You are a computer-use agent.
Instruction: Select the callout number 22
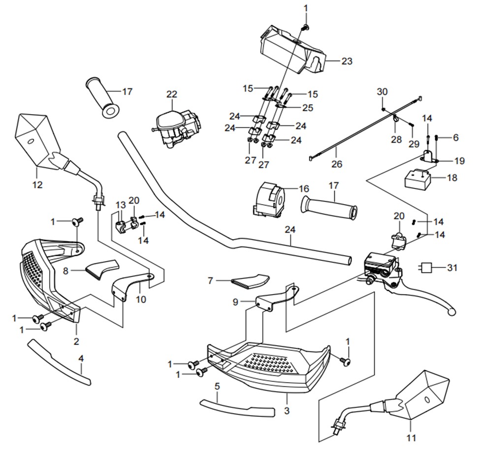pyautogui.click(x=171, y=93)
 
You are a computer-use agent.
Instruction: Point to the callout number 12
pyautogui.click(x=37, y=185)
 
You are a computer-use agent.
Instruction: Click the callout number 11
pyautogui.click(x=412, y=437)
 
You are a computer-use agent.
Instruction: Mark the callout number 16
pyautogui.click(x=304, y=188)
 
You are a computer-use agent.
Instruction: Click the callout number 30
pyautogui.click(x=383, y=91)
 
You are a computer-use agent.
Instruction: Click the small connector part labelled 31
pyautogui.click(x=427, y=268)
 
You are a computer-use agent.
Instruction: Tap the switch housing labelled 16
pyautogui.click(x=269, y=199)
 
